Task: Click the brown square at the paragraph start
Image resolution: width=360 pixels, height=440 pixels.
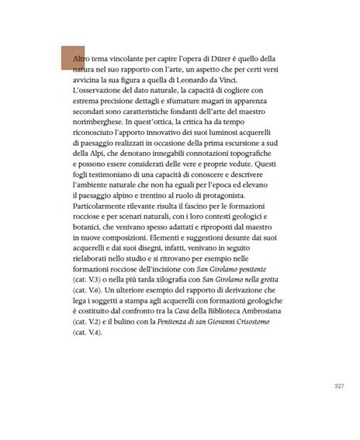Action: click(x=73, y=58)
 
